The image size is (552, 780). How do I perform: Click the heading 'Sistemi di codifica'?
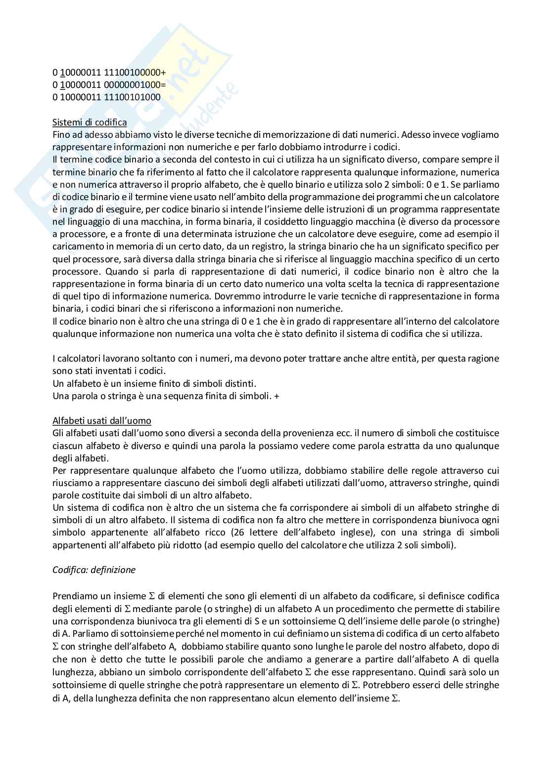90,122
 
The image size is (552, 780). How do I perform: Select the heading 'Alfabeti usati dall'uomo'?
102,420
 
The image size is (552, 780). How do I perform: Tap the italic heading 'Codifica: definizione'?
94,570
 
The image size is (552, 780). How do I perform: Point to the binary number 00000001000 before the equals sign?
132,84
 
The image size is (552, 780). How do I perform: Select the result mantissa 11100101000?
132,97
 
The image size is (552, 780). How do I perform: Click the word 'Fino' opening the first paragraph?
61,134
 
